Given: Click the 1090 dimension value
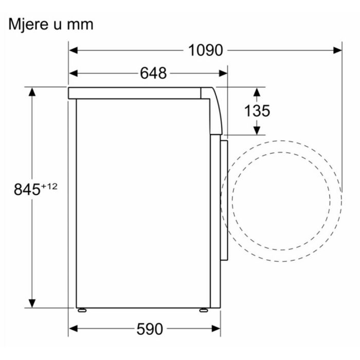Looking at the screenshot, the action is tap(206, 50).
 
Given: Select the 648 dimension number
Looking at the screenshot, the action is tap(153, 74).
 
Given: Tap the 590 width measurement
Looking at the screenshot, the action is tap(150, 329).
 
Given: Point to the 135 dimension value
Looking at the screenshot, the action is tap(257, 111).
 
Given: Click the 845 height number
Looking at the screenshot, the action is tap(27, 189).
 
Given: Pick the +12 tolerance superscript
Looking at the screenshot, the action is tap(49, 186).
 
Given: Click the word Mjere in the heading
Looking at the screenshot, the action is tap(28, 25).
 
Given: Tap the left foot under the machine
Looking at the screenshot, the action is tap(82, 311).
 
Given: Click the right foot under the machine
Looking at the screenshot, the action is tap(204, 311).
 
